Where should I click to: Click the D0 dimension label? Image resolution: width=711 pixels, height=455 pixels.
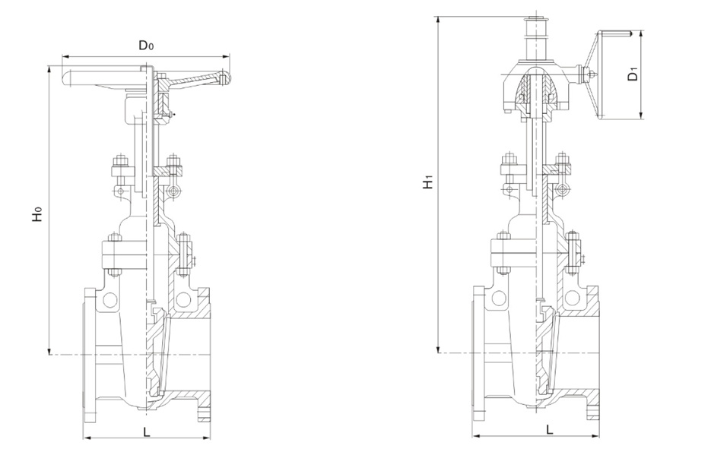click(x=146, y=46)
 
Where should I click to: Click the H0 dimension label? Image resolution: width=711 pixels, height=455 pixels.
click(x=37, y=213)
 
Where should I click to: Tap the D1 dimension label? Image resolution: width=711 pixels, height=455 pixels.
click(x=633, y=74)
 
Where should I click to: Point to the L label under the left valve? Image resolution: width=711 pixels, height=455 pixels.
click(x=147, y=432)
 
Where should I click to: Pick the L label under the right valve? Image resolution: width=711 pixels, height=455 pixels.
click(x=549, y=429)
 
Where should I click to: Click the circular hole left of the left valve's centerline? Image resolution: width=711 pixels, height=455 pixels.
click(x=110, y=299)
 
